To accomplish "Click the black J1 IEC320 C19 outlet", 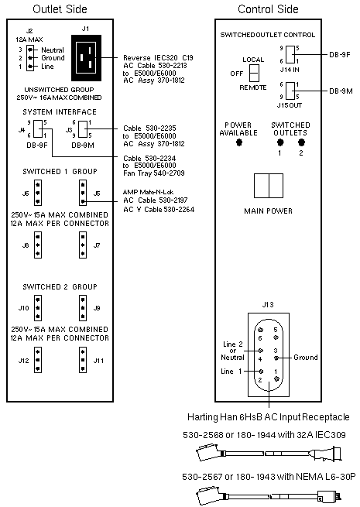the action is pyautogui.click(x=86, y=58).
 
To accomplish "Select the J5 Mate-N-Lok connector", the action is pyautogui.click(x=83, y=193).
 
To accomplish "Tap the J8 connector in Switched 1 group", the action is pyautogui.click(x=38, y=245).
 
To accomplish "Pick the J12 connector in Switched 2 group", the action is pyautogui.click(x=38, y=360).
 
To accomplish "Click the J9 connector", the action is pyautogui.click(x=83, y=308).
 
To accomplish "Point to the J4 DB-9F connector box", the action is pyautogui.click(x=38, y=129).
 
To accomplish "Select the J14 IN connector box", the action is pyautogui.click(x=290, y=54).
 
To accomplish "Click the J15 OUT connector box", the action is pyautogui.click(x=290, y=91).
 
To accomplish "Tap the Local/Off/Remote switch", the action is pyautogui.click(x=254, y=73).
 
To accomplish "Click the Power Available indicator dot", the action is pyautogui.click(x=239, y=142).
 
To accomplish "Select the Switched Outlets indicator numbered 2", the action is pyautogui.click(x=301, y=142).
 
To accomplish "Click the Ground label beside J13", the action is pyautogui.click(x=305, y=358).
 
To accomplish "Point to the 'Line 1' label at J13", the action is pyautogui.click(x=231, y=372).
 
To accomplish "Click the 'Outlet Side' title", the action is pyautogui.click(x=60, y=9).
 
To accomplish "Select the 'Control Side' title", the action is pyautogui.click(x=268, y=9).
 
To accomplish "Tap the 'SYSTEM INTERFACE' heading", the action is pyautogui.click(x=60, y=112).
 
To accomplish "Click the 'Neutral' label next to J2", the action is pyautogui.click(x=53, y=50).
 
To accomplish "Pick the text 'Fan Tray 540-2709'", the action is pyautogui.click(x=154, y=173).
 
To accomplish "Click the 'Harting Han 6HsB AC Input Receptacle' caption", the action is pyautogui.click(x=269, y=417).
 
